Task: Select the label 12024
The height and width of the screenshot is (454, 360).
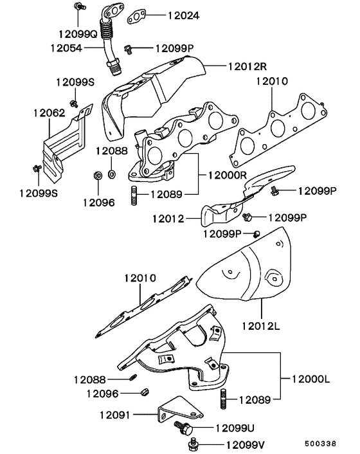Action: coord(166,15)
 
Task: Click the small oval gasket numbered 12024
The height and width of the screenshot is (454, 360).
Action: coord(136,15)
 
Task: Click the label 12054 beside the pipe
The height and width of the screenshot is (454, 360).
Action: coord(66,48)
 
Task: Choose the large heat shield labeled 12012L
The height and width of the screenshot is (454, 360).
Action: coord(244,270)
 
